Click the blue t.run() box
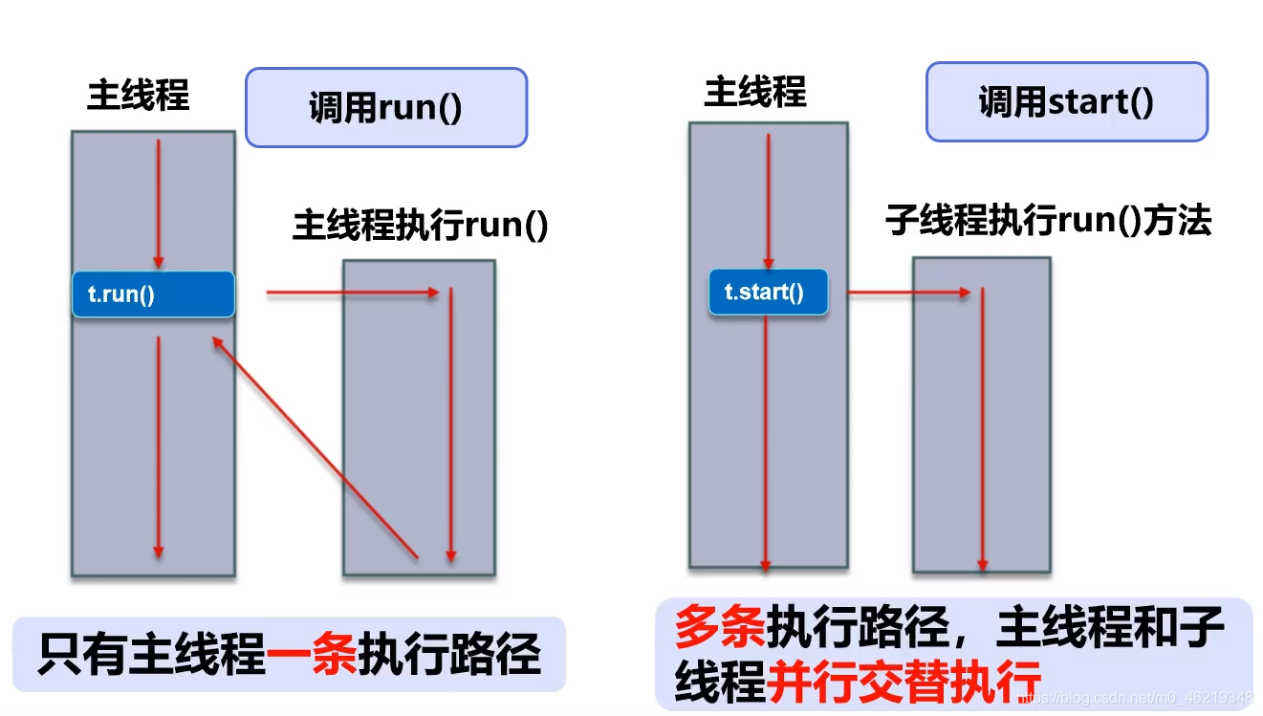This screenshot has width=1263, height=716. (x=153, y=294)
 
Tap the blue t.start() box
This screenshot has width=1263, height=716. (x=767, y=293)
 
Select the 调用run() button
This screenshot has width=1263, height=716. (x=385, y=107)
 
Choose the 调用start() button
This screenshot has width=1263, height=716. (x=1065, y=102)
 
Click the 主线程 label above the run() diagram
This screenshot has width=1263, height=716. (x=138, y=96)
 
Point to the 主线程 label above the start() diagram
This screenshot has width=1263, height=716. (x=754, y=93)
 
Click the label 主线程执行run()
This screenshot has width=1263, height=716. (x=420, y=227)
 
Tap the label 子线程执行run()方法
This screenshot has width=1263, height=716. (x=1048, y=221)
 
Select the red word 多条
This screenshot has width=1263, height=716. (x=718, y=628)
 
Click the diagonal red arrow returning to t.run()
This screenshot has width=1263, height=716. (x=316, y=446)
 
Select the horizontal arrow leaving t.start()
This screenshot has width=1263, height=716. (x=908, y=293)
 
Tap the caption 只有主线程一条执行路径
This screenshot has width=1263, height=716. (x=289, y=656)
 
